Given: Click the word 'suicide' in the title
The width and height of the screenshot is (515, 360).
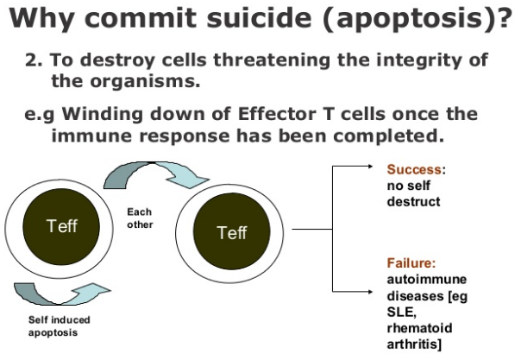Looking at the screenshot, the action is click(x=259, y=17).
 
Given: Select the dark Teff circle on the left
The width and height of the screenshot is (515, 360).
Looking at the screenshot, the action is click(x=61, y=227).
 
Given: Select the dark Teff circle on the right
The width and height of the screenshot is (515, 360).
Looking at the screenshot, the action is click(x=232, y=231).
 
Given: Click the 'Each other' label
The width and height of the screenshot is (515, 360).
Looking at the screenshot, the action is click(x=140, y=218).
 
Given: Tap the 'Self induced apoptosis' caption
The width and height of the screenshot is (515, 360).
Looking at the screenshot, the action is click(x=60, y=325).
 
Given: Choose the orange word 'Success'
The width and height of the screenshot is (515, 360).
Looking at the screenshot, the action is click(x=414, y=169).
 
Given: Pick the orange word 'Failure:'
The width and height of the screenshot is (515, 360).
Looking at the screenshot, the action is click(x=411, y=263).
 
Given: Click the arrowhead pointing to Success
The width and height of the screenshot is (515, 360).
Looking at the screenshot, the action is click(x=370, y=167).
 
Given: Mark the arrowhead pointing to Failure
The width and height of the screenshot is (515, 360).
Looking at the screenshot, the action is click(x=370, y=292).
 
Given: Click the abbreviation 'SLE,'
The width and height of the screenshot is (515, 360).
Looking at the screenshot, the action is click(x=402, y=312).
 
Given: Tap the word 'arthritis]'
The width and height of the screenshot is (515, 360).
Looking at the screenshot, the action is click(x=414, y=344).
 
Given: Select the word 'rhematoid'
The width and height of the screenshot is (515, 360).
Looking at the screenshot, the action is click(x=419, y=328).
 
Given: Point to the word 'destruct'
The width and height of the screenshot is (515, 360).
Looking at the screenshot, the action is click(x=413, y=201).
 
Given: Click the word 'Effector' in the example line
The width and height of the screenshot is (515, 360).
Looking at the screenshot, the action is click(x=277, y=114).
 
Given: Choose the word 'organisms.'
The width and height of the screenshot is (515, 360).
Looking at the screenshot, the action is click(x=145, y=81).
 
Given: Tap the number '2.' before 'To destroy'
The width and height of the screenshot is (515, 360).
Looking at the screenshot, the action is click(x=34, y=60).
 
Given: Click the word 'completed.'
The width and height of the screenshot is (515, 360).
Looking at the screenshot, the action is click(x=389, y=136).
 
